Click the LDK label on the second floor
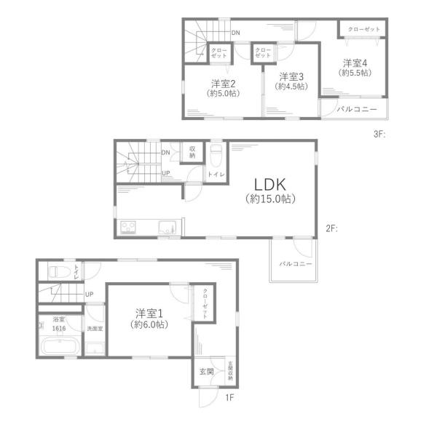pos(269,185)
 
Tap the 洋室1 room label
pos(149,314)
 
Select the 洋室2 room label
pos(224,84)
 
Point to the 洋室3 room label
pos(291,76)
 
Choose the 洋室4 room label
pos(355,63)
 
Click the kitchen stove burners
pos(128,228)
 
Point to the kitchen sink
pos(168,228)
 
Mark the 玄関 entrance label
pos(207,371)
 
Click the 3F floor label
pos(379,135)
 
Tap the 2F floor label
pos(331,228)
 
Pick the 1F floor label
pos(229,398)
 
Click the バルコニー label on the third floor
pos(357,109)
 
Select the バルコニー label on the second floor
pos(296,263)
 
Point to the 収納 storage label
pos(192,152)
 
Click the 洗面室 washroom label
pos(95,329)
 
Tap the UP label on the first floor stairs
pos(89,294)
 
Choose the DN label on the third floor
pos(235,33)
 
